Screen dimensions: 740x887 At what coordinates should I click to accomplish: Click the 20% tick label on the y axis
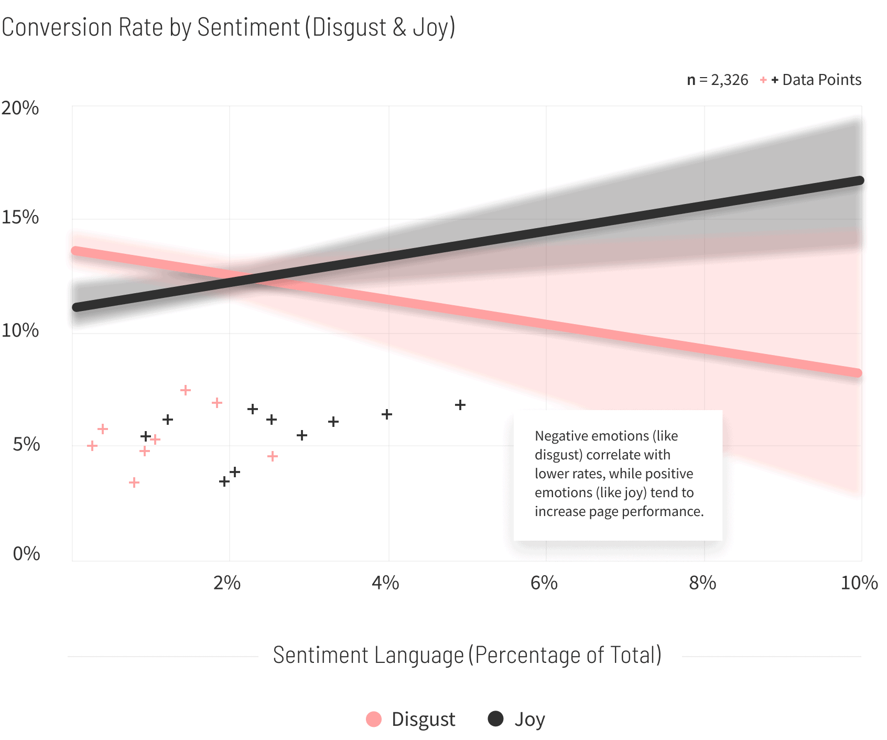20,108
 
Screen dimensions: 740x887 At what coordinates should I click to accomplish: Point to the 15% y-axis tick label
20,217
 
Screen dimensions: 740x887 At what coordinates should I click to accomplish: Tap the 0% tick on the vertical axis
26,554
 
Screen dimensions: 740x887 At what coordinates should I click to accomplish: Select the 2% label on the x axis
226,583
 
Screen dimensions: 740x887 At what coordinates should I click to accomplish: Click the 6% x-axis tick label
544,583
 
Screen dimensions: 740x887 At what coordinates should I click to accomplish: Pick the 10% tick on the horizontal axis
859,583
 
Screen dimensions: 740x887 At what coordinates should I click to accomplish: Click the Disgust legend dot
374,719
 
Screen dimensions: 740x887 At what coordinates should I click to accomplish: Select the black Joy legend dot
495,718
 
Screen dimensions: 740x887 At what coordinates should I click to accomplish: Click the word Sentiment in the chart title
248,27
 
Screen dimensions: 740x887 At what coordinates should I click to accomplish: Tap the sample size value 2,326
729,80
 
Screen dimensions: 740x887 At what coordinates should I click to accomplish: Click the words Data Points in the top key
821,80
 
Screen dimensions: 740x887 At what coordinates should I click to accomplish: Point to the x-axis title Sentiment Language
368,656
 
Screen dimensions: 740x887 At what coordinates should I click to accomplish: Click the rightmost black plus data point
460,405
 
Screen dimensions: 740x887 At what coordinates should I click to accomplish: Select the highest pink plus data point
186,390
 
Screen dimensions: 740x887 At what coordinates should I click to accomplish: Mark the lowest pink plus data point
134,482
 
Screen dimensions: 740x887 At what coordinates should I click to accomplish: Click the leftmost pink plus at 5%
92,446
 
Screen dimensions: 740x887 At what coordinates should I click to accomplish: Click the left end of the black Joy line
77,307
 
